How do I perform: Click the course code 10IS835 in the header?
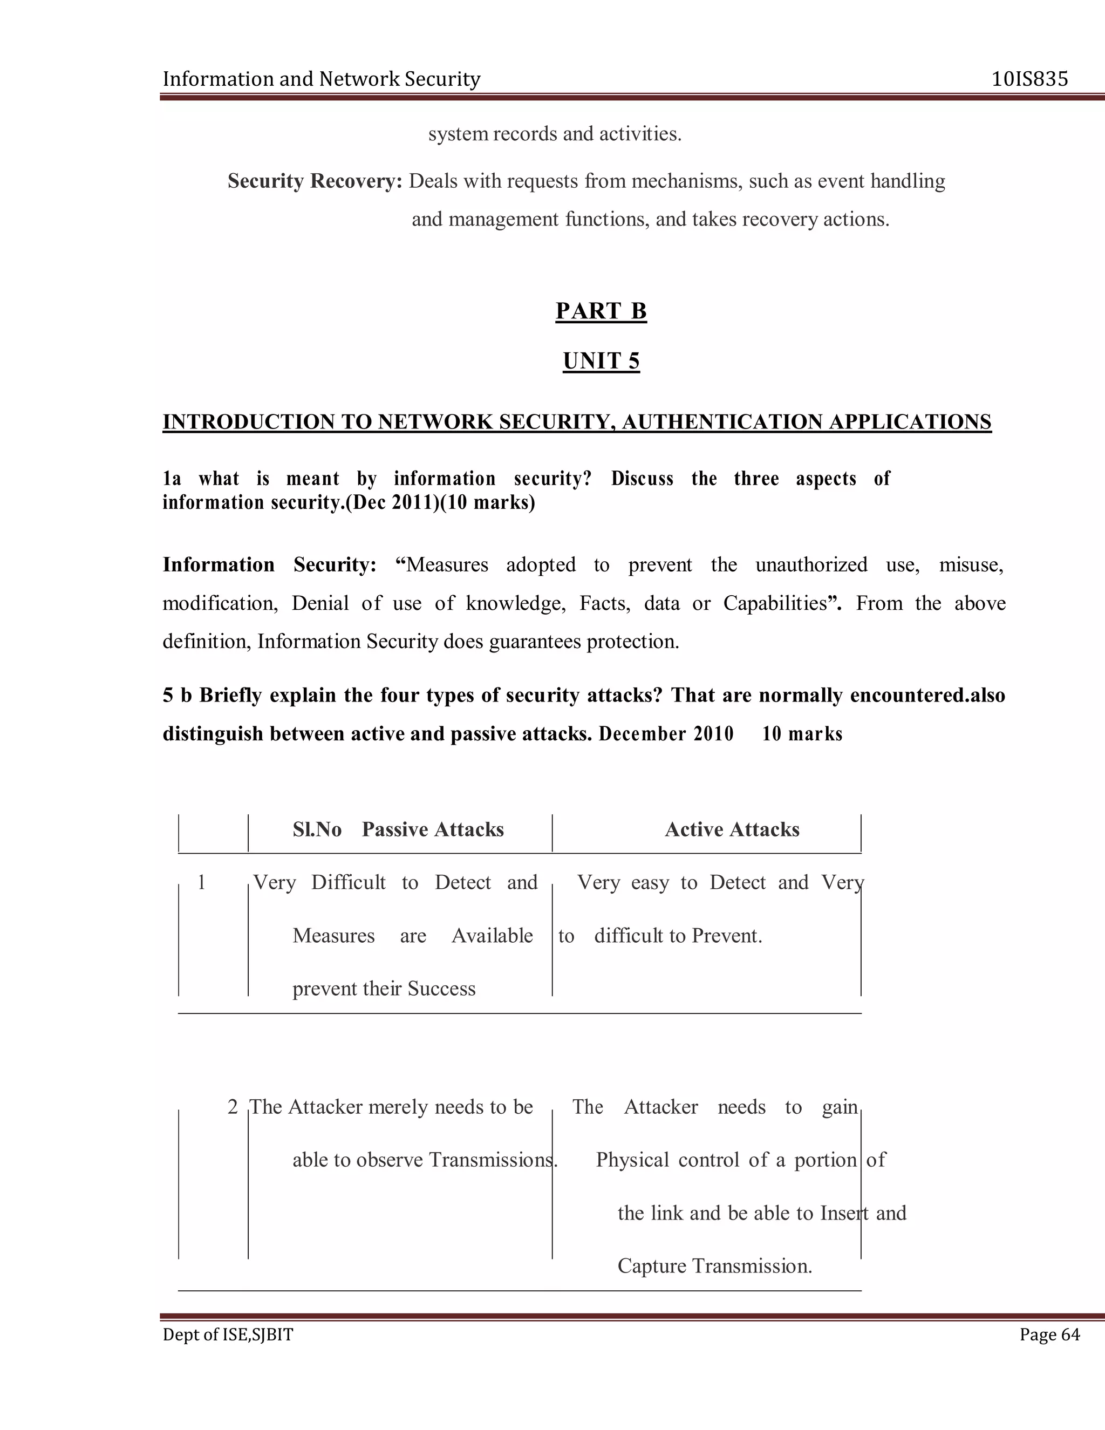[1029, 79]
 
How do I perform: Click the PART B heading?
[601, 310]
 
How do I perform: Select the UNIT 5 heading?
[601, 361]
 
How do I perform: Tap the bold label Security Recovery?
[314, 181]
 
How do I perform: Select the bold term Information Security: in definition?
[269, 564]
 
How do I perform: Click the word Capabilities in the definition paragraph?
[775, 603]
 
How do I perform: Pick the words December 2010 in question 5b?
[666, 733]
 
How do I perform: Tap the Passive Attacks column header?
[433, 829]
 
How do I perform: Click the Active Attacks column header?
[732, 829]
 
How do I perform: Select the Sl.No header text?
[317, 829]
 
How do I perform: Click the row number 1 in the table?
[202, 883]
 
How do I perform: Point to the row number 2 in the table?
[233, 1107]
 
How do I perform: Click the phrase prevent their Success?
[384, 988]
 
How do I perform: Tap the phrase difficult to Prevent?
[678, 936]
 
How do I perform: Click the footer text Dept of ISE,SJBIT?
[228, 1334]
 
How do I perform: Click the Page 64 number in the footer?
[1049, 1334]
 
